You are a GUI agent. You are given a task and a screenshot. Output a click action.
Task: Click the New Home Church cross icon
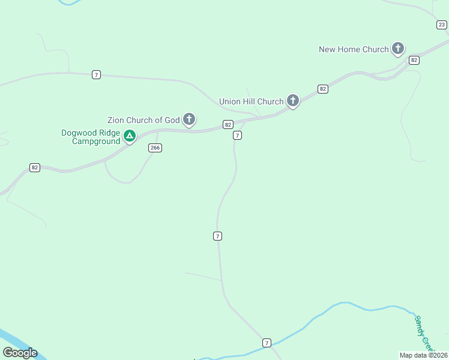pos(397,48)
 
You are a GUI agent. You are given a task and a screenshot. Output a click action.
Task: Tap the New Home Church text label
pos(354,49)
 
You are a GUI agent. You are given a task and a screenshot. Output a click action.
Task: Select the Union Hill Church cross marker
pos(292,100)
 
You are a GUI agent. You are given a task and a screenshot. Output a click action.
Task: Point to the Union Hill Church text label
pos(251,101)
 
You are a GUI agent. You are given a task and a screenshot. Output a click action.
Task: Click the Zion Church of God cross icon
pos(189,119)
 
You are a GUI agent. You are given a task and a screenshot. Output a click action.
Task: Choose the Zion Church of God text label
pos(143,120)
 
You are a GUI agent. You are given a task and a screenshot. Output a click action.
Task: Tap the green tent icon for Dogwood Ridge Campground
pos(129,136)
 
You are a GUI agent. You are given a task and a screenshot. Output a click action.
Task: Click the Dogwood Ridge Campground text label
pos(91,137)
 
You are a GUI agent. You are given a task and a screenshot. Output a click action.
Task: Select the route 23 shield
pos(442,25)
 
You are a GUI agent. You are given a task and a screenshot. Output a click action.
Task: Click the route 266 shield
pos(155,148)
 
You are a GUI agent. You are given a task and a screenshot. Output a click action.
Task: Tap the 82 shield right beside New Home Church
pos(414,60)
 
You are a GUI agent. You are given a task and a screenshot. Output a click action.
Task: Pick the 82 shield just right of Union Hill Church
pos(323,89)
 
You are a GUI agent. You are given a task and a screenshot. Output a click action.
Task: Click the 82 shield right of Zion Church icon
pos(228,125)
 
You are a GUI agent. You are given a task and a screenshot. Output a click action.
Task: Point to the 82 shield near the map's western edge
pos(35,167)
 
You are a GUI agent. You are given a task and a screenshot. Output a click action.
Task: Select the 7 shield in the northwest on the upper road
pos(96,74)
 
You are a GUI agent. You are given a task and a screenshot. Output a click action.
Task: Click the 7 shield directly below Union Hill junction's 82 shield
pos(237,136)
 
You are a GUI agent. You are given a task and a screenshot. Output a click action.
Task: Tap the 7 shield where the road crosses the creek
pos(267,343)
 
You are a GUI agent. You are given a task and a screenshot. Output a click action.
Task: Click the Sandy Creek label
pos(423,333)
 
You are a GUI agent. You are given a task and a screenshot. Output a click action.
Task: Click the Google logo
pos(20,353)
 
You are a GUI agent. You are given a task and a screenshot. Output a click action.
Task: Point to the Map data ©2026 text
pos(423,355)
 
